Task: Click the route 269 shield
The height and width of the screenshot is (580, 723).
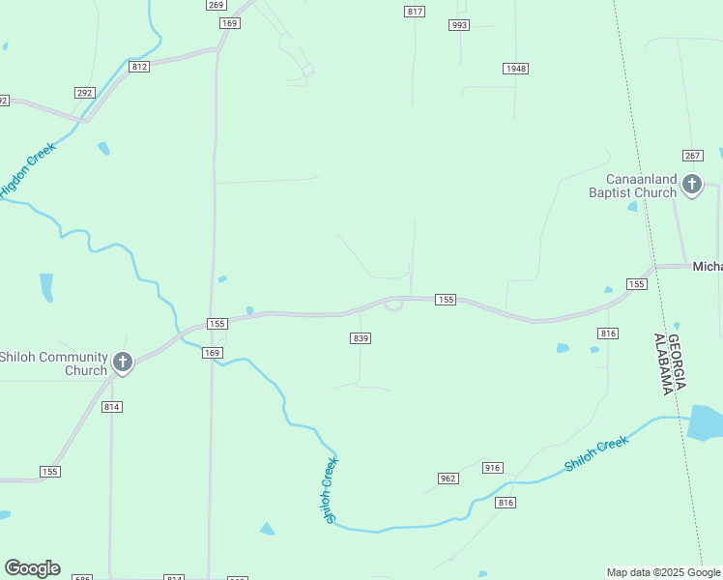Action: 216,5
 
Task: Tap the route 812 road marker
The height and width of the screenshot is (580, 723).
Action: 139,66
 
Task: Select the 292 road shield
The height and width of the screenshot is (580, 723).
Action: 84,93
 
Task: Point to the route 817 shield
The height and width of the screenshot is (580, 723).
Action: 415,12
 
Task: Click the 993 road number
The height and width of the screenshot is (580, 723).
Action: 459,25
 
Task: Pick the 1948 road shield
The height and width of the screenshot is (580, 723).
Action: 515,68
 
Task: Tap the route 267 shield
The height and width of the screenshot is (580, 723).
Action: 691,156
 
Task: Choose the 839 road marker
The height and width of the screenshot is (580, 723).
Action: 361,337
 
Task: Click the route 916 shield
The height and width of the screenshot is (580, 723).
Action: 493,468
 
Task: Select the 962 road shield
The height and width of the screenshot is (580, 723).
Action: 448,478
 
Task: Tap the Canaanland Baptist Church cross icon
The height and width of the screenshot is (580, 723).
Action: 691,184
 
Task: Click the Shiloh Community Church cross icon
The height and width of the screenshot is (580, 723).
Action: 122,362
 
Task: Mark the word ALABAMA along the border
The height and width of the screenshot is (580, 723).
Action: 663,364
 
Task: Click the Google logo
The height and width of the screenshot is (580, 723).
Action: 32,568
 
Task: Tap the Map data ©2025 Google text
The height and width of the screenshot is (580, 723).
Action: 664,572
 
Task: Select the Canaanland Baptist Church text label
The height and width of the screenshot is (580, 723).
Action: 634,186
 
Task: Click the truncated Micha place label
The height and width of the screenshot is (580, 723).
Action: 708,266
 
